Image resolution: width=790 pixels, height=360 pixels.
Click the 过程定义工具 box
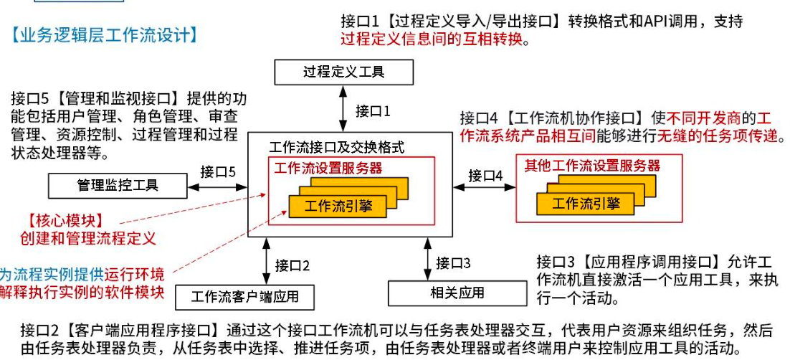click(x=343, y=72)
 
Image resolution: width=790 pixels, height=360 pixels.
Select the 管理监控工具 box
click(x=118, y=186)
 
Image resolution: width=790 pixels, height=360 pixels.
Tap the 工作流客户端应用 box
click(x=244, y=295)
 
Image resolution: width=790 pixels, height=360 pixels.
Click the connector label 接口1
click(x=373, y=111)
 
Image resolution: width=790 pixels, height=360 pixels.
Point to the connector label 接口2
click(x=292, y=266)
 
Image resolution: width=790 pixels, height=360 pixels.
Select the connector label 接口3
click(x=453, y=262)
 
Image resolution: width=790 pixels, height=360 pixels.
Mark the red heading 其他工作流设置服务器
click(x=591, y=166)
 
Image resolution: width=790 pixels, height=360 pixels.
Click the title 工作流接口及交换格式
click(x=336, y=148)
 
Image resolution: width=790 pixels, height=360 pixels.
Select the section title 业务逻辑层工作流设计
click(x=105, y=33)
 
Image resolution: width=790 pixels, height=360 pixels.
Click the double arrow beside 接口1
click(x=343, y=109)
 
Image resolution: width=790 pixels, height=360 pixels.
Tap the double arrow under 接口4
click(x=485, y=188)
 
